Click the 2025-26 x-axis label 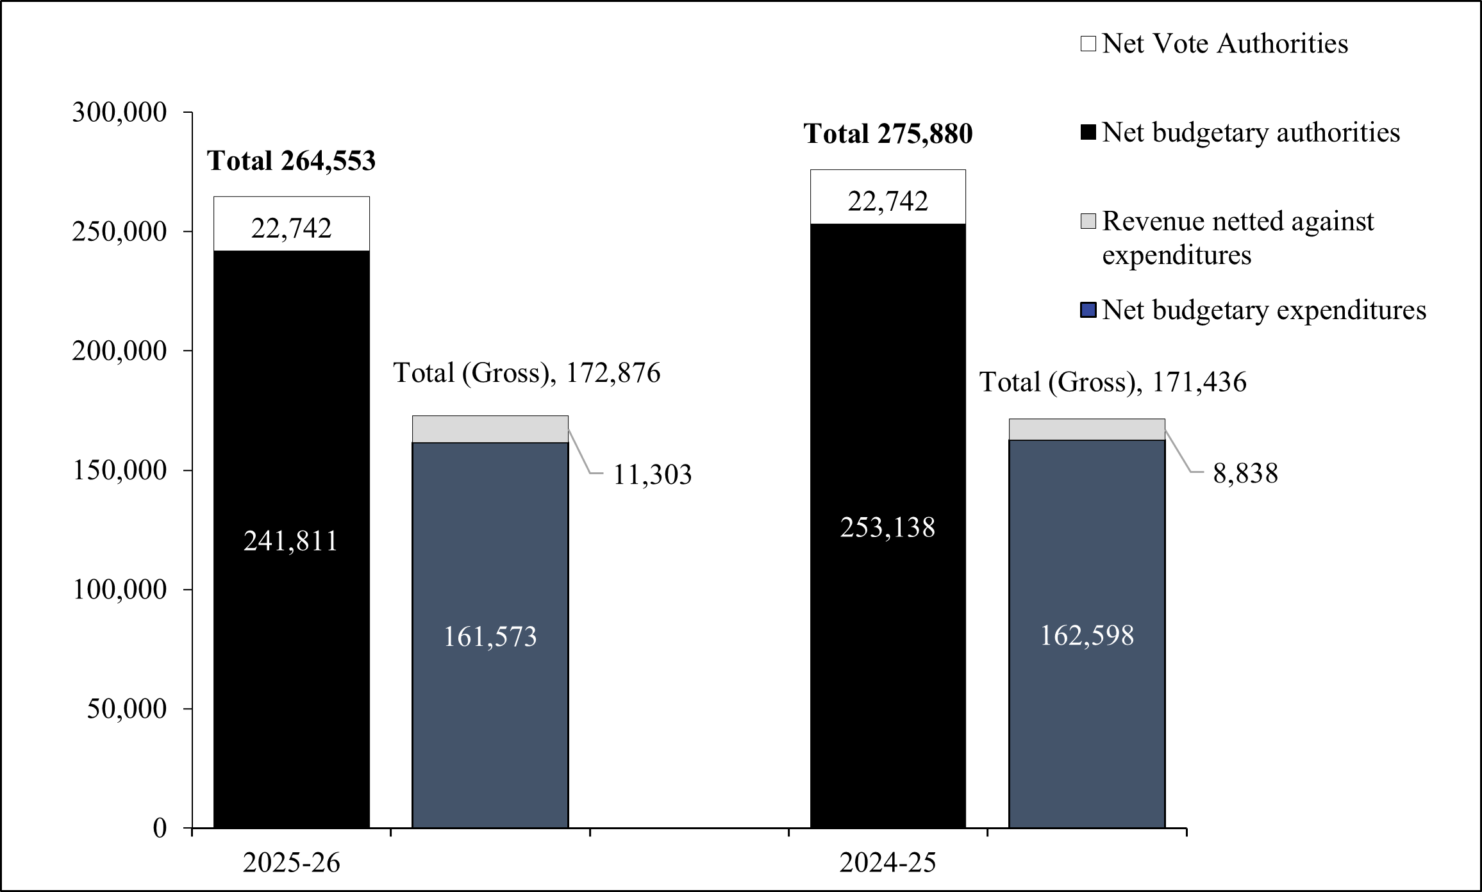[x=292, y=863]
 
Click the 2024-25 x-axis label [x=888, y=863]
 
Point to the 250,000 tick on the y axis [x=119, y=231]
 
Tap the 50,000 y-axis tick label [x=128, y=709]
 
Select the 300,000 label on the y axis [x=119, y=112]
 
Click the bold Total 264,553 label [x=292, y=161]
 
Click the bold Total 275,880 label [x=888, y=134]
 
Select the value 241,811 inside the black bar [x=291, y=542]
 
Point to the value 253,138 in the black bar [x=888, y=527]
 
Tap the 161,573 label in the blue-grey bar [x=490, y=637]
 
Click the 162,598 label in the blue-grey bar [x=1087, y=636]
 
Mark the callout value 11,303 [x=653, y=475]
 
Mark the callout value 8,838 [x=1245, y=474]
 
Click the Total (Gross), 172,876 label [x=526, y=373]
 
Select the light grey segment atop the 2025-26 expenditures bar [x=490, y=429]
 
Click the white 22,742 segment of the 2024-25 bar [x=888, y=197]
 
